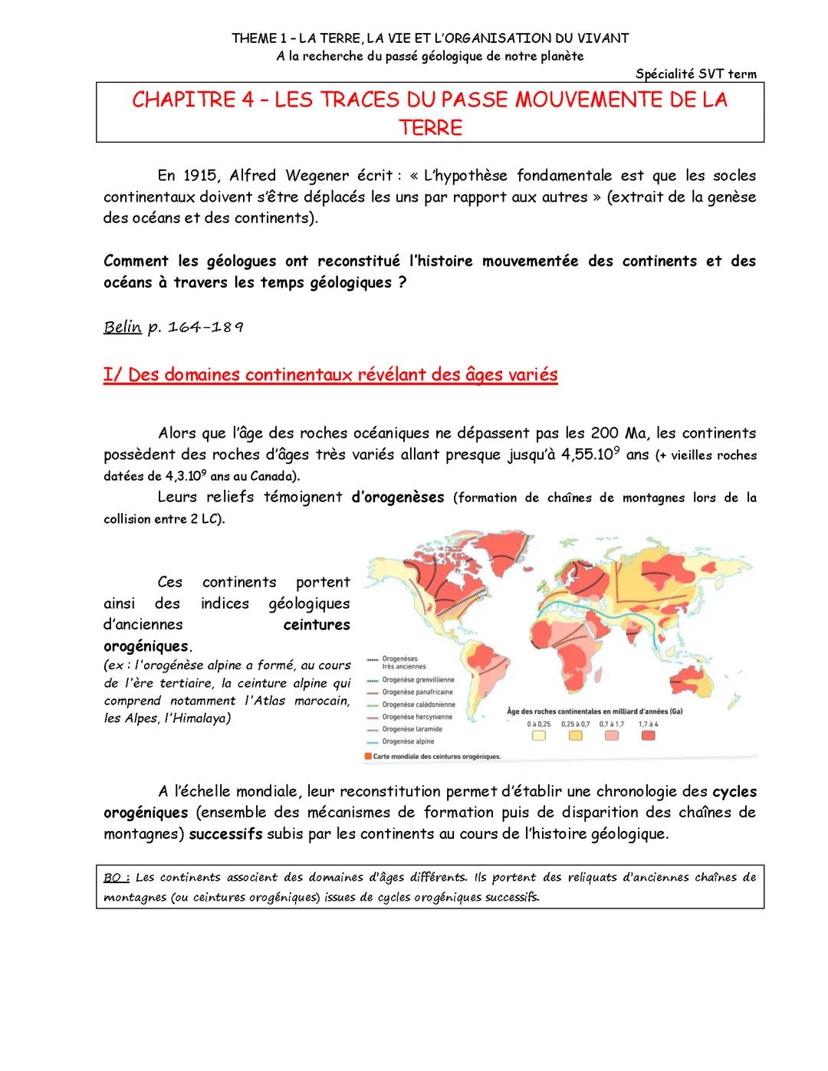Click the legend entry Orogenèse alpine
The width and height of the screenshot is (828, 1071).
coord(408,741)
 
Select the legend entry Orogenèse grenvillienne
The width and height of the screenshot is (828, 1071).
coord(418,680)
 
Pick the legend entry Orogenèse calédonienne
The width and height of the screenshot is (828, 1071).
coord(419,705)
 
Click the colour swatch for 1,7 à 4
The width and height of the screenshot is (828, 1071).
coord(649,736)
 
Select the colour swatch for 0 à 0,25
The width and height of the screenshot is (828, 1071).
coord(539,736)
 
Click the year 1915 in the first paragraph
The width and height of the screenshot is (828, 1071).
coord(201,176)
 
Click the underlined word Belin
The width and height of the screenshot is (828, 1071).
coord(122,327)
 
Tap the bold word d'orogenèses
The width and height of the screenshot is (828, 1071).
coord(397,497)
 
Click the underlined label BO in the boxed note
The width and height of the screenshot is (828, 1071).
coord(116,877)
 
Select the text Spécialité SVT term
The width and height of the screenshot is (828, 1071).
coord(695,74)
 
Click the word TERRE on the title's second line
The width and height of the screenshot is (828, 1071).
coord(430,127)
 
